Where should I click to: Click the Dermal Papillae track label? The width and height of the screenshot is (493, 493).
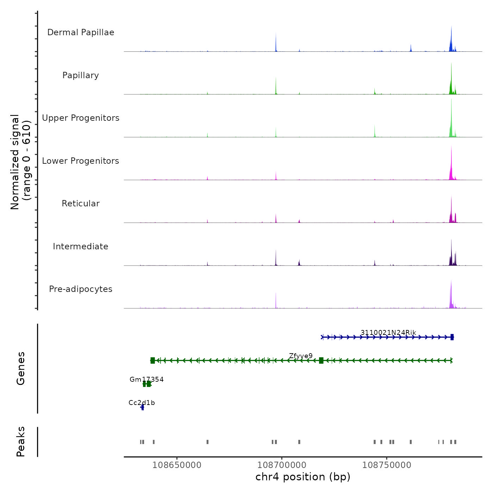(81, 32)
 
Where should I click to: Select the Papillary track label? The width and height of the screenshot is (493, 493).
(81, 75)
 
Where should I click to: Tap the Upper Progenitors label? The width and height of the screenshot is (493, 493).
(81, 118)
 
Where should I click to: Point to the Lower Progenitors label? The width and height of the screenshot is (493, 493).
(81, 161)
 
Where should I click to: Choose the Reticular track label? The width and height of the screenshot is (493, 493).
(81, 204)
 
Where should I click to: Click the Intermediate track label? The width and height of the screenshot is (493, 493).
(81, 246)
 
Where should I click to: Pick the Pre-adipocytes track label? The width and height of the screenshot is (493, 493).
(81, 289)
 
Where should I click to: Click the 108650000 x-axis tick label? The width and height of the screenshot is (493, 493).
(177, 465)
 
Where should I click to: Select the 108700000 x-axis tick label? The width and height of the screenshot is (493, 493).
(282, 465)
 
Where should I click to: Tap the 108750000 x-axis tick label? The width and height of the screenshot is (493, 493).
(387, 465)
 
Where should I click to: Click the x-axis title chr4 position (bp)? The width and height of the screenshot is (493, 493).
(303, 477)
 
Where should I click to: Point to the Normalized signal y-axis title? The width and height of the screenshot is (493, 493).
(20, 162)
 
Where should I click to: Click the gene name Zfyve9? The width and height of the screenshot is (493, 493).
(301, 356)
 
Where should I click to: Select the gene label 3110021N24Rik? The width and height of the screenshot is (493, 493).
(388, 332)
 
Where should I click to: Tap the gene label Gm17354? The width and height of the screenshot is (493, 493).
(146, 379)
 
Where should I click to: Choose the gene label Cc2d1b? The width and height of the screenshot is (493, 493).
(142, 402)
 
